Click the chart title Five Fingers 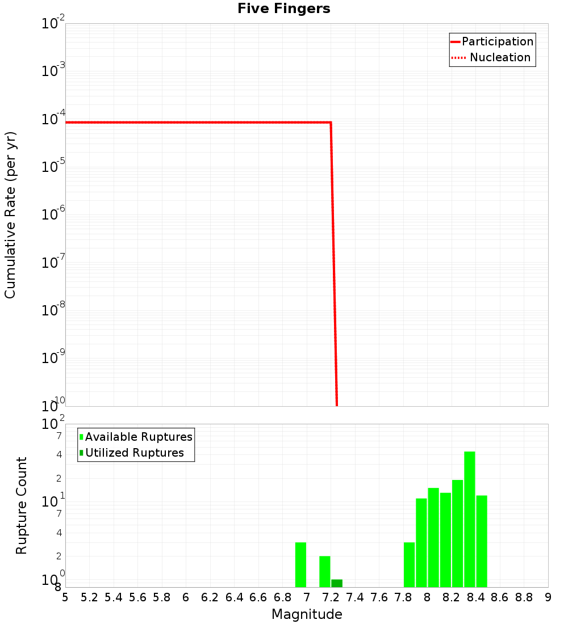click(283, 9)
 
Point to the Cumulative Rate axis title click(10, 215)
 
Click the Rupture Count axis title click(22, 505)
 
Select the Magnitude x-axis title click(307, 614)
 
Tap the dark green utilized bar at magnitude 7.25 click(337, 583)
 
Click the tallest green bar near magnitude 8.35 click(469, 519)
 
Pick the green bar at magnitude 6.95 click(300, 564)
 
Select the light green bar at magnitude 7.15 click(325, 571)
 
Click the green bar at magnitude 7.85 click(409, 564)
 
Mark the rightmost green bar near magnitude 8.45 click(482, 541)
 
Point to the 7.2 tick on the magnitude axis click(331, 597)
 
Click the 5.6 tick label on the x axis click(137, 597)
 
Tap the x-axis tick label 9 click(548, 597)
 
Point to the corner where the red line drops click(331, 123)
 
